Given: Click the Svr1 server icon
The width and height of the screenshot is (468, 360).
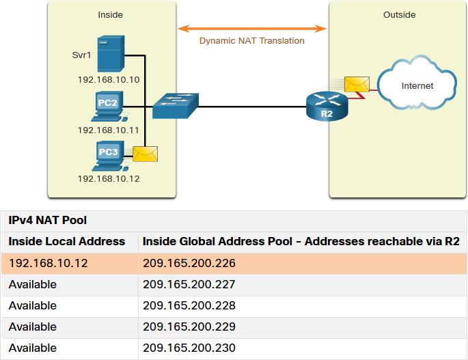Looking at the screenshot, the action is click(111, 54).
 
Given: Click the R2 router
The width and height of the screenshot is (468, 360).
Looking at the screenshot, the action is click(327, 107).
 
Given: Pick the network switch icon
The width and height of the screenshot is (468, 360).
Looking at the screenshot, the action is click(176, 106).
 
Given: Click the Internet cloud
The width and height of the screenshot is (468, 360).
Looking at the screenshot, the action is click(417, 83).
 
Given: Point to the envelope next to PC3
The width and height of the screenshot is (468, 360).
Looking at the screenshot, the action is click(145, 154).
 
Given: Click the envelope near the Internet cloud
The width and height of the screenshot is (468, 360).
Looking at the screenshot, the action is click(357, 84).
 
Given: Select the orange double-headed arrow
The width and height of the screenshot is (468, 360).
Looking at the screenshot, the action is click(252, 29).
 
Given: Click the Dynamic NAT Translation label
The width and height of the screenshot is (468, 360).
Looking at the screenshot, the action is click(251, 40).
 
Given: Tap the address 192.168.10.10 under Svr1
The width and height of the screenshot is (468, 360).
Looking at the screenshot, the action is click(109, 80).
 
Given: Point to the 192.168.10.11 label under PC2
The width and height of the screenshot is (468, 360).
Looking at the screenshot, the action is click(109, 130).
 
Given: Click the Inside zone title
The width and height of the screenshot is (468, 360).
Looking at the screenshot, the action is click(111, 15).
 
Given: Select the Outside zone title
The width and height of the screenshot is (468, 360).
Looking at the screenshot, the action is click(400, 15).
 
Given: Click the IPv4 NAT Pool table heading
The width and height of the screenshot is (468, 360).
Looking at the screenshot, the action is click(47, 220).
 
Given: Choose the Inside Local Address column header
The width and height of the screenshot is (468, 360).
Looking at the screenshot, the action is click(66, 241).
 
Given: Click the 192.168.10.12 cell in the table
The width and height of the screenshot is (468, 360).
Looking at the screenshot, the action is click(48, 263).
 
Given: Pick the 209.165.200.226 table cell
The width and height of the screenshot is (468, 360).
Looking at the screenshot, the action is click(189, 263).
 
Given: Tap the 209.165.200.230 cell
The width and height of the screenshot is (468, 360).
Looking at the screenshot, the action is click(189, 348).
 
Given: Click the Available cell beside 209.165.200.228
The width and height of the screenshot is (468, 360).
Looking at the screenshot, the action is click(33, 305).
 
